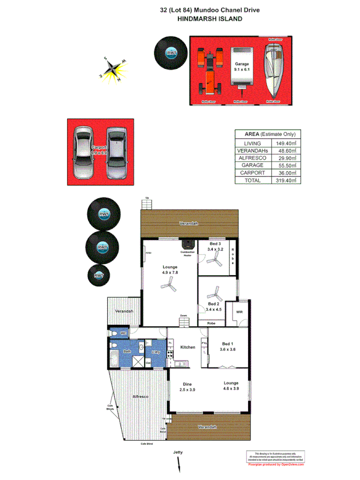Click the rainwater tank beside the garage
point(171,53)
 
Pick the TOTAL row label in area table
point(253,180)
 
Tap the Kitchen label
point(187,347)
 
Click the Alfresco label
point(140,398)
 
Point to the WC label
point(122,333)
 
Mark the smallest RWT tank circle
point(99,275)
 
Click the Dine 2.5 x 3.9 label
point(187,386)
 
